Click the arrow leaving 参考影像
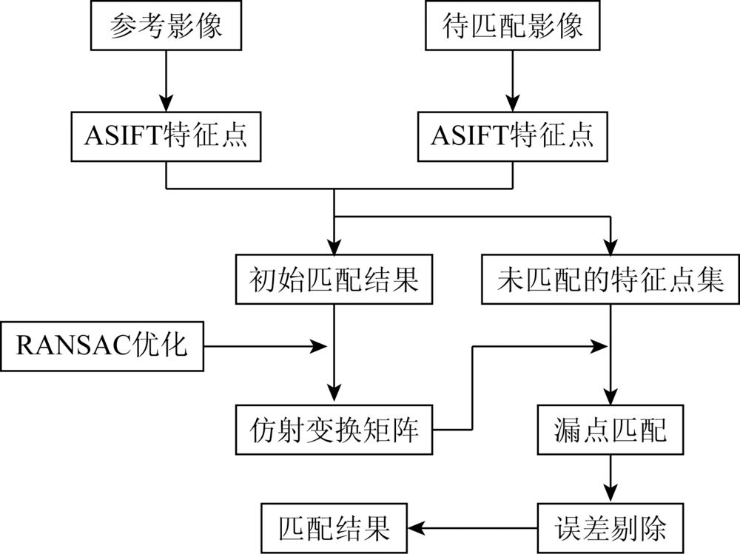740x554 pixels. coord(166,81)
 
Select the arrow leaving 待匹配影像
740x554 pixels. coord(513,81)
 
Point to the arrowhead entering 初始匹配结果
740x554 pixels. coord(334,247)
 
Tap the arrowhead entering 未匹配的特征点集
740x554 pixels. coord(610,247)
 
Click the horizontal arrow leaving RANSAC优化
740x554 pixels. coord(265,346)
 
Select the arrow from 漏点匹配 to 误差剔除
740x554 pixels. coord(610,479)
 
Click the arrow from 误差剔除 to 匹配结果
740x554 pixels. coord(472,528)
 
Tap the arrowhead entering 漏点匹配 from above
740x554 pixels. coord(610,396)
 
